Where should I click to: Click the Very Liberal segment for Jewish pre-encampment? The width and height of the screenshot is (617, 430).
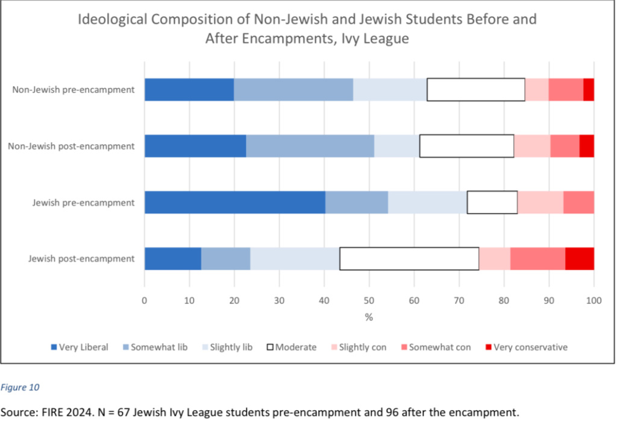click(235, 202)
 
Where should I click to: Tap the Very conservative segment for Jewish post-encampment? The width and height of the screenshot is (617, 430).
click(580, 258)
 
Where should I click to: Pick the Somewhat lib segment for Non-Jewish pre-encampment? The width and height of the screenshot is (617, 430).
click(293, 90)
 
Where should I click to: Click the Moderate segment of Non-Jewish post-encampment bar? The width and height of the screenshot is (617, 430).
click(467, 146)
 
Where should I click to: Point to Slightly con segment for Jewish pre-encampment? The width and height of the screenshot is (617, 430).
click(540, 202)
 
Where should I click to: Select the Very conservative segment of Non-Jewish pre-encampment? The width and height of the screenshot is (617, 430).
click(589, 90)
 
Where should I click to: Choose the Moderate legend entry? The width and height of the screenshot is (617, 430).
click(292, 347)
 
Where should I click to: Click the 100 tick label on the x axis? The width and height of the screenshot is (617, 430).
click(594, 300)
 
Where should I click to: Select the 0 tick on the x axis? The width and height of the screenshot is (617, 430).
click(145, 300)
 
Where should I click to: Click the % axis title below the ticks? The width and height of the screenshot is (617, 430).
click(369, 317)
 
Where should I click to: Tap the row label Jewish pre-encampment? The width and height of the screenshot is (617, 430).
click(83, 202)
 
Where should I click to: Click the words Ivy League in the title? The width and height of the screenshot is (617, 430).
click(374, 38)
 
